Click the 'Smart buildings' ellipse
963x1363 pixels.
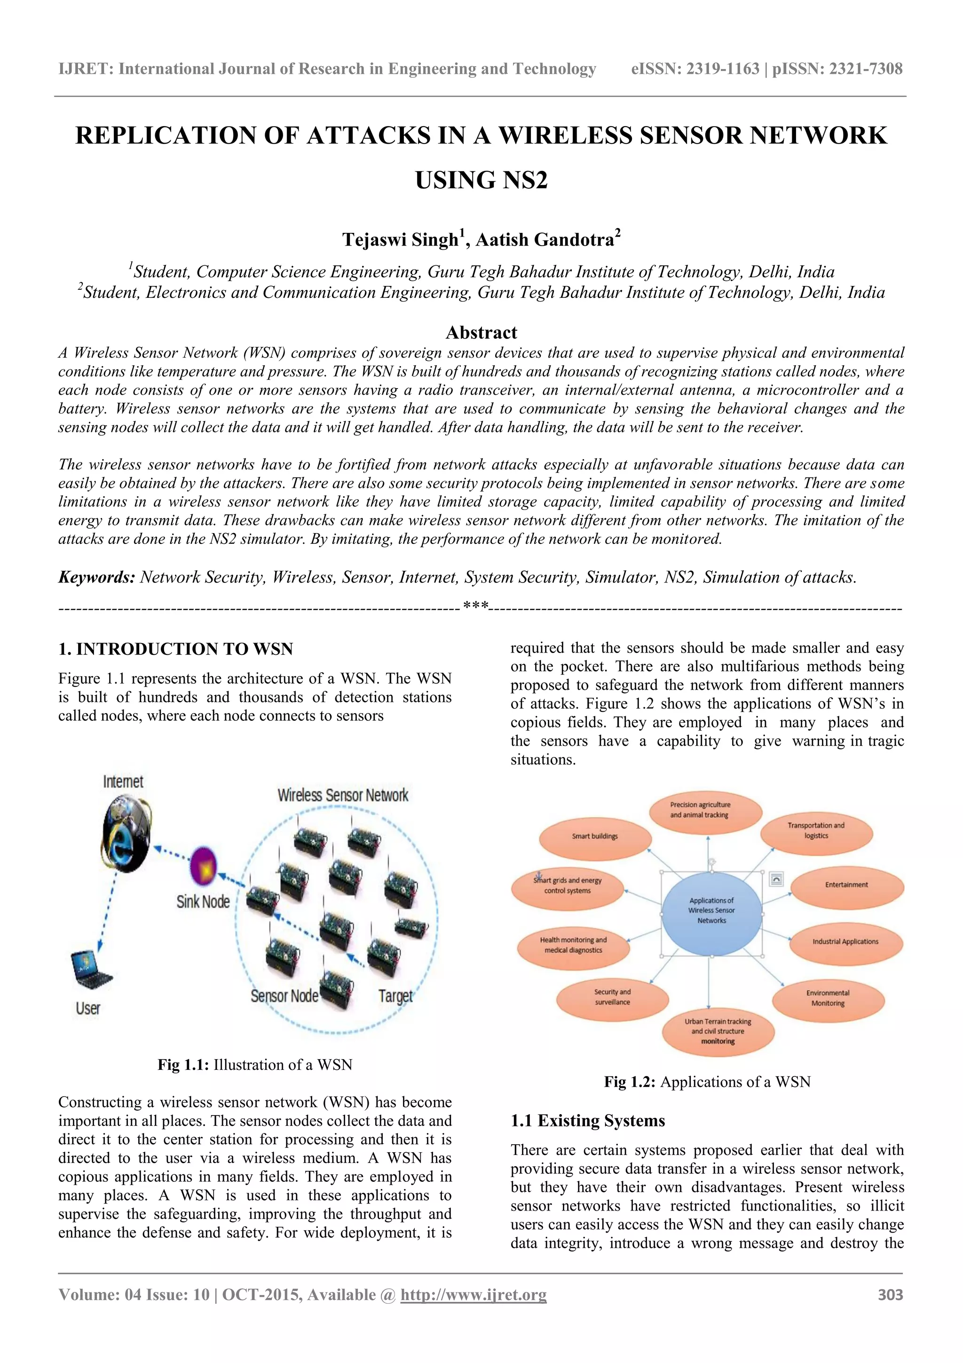[594, 837]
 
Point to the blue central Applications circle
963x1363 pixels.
[711, 910]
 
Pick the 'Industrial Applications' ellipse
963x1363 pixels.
[845, 941]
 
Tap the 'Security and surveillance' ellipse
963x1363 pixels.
[612, 997]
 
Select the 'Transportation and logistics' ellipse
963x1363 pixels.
[816, 830]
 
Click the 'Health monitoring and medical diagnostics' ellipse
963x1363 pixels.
[573, 945]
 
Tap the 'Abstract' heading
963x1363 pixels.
[481, 333]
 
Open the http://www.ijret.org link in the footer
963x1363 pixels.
[474, 1295]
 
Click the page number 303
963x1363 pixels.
[890, 1295]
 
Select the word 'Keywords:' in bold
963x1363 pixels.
[97, 577]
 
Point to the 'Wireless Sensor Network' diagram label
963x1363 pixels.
[343, 795]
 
